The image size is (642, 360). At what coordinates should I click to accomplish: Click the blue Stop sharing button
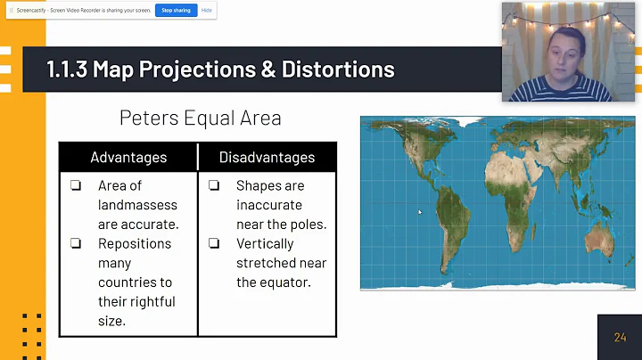(176, 11)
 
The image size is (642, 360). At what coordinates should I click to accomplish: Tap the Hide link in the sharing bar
(207, 11)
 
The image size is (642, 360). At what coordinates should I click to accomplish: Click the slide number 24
(620, 338)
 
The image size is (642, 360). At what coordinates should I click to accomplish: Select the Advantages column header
(128, 157)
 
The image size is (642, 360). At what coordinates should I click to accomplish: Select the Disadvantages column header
(267, 157)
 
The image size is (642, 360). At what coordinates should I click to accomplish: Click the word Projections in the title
(194, 69)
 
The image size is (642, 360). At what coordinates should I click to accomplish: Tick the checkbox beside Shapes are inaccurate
(214, 186)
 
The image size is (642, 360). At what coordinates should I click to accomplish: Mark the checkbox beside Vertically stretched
(214, 243)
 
